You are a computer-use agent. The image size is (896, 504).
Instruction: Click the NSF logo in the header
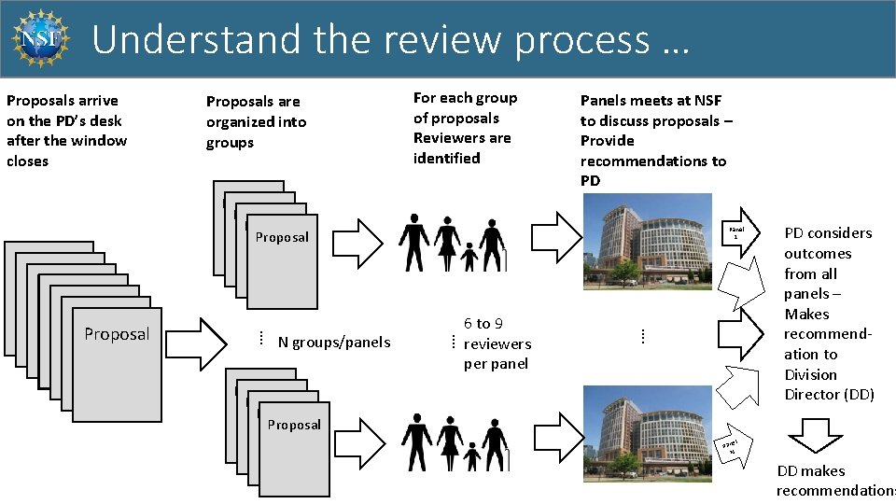pyautogui.click(x=39, y=39)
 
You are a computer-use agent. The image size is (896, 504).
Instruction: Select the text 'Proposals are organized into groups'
pyautogui.click(x=255, y=121)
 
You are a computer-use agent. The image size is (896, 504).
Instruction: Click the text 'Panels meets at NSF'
pyautogui.click(x=651, y=101)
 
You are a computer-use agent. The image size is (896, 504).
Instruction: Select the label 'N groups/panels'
pyautogui.click(x=333, y=342)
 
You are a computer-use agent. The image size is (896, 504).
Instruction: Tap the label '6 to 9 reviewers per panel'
pyautogui.click(x=496, y=343)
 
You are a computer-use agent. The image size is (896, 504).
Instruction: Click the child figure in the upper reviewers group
pyautogui.click(x=469, y=256)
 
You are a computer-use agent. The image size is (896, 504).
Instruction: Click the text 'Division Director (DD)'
pyautogui.click(x=829, y=385)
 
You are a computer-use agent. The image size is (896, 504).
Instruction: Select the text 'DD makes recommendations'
pyautogui.click(x=834, y=482)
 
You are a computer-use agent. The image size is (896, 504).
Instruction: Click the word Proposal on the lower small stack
pyautogui.click(x=294, y=425)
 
